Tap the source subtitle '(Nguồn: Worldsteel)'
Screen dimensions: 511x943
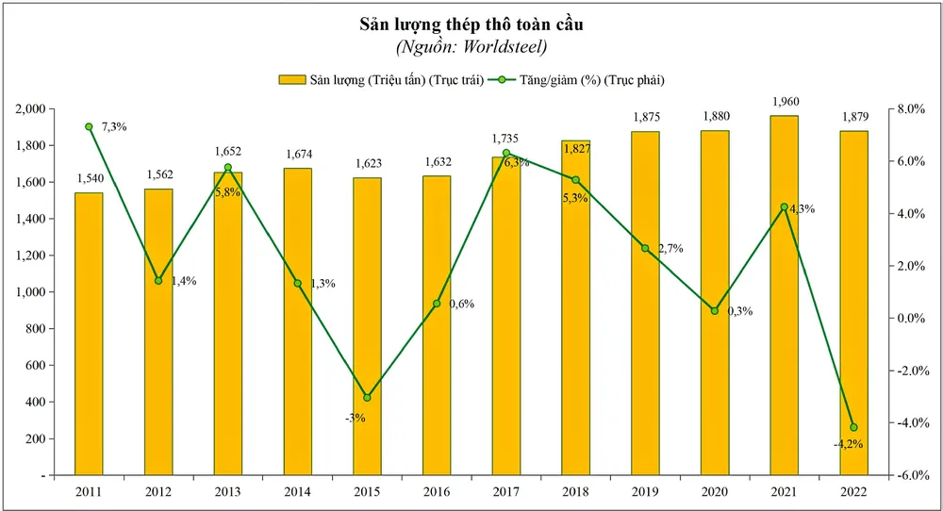point(471,46)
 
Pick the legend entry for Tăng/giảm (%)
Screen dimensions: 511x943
point(580,79)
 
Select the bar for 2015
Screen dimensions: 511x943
point(367,326)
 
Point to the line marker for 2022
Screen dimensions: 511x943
point(853,427)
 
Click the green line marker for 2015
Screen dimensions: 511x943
point(367,397)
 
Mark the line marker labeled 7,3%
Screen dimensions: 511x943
point(89,126)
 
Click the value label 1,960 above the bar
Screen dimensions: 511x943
point(785,102)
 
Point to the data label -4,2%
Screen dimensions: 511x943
point(851,443)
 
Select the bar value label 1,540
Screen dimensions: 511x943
point(89,178)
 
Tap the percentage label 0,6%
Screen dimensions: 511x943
point(460,304)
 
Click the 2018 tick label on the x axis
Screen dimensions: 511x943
point(575,490)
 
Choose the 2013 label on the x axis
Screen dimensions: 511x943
point(228,490)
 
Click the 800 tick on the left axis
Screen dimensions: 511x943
point(42,329)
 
